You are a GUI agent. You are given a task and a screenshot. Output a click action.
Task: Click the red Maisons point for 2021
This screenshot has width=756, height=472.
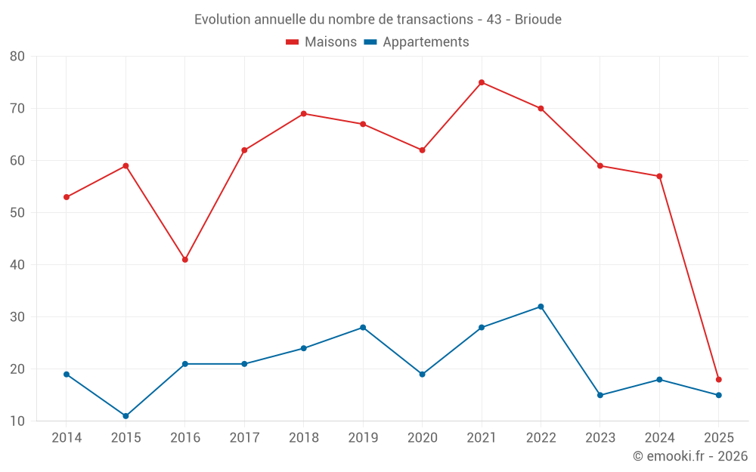(x=482, y=82)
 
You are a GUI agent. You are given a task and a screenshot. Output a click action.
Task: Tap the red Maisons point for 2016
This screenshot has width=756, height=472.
(x=185, y=260)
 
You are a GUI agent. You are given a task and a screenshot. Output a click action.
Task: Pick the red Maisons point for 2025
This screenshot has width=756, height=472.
(x=719, y=380)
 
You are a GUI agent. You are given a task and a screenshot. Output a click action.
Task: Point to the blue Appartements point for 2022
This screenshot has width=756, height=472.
(x=541, y=307)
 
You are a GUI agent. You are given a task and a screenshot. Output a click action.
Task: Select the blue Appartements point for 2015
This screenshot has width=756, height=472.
(x=125, y=416)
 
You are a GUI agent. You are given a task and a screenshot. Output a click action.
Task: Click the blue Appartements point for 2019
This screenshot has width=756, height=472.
(x=363, y=328)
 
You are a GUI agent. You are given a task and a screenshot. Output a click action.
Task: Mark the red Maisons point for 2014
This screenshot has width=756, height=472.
(x=67, y=197)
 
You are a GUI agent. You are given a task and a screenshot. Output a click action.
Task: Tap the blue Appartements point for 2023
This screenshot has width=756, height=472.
(x=600, y=395)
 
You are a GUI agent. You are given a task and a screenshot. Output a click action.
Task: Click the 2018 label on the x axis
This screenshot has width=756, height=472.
(x=303, y=438)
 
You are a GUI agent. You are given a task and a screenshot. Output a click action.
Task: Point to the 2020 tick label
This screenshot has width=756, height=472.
(x=422, y=438)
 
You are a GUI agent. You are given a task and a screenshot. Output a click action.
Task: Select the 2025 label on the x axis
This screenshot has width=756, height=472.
(x=718, y=438)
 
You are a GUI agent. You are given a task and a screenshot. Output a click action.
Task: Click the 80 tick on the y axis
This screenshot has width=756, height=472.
(x=17, y=57)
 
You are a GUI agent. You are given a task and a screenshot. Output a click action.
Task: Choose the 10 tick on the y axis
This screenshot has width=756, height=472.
(x=17, y=421)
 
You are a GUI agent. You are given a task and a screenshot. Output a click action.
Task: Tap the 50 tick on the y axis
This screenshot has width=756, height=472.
(x=17, y=213)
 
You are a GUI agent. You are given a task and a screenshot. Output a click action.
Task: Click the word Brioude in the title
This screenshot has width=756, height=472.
(x=538, y=20)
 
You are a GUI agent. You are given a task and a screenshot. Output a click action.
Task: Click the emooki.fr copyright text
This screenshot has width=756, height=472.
(x=689, y=456)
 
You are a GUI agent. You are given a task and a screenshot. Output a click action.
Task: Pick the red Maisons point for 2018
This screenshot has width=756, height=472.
(x=304, y=114)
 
